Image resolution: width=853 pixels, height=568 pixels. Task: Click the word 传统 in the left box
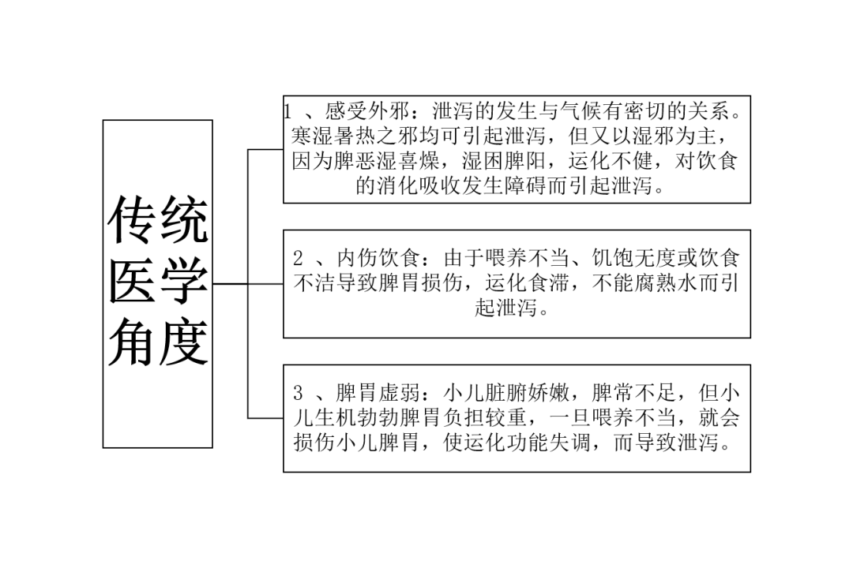click(x=158, y=220)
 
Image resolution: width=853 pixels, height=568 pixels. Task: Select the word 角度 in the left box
click(x=158, y=342)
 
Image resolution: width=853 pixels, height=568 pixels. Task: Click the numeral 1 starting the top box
click(x=287, y=112)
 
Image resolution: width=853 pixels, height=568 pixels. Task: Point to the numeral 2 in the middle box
click(x=298, y=258)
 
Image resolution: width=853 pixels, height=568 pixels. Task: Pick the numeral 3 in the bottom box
click(x=298, y=392)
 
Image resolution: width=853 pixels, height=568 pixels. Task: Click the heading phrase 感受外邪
click(x=366, y=111)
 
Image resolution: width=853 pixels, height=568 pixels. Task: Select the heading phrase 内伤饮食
click(x=378, y=258)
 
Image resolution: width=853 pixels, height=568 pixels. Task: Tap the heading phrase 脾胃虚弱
click(x=378, y=392)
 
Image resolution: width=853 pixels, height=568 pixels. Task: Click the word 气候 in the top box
click(x=580, y=111)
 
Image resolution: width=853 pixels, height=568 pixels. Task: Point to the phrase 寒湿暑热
click(x=333, y=136)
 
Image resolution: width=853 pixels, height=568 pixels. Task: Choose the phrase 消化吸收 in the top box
click(x=419, y=186)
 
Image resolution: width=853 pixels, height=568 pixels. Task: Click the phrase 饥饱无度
click(x=633, y=258)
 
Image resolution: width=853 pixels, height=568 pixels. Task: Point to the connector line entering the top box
click(x=265, y=149)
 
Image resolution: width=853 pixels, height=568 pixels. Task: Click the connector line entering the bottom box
click(x=265, y=418)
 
